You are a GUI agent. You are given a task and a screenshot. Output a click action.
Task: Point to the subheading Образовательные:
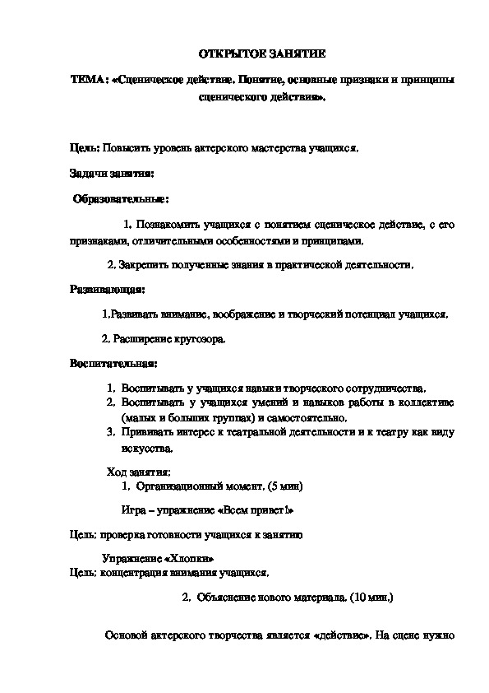[121, 198]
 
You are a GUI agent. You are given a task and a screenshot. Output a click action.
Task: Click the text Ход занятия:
[139, 472]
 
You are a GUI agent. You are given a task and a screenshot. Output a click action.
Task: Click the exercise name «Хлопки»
[178, 558]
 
